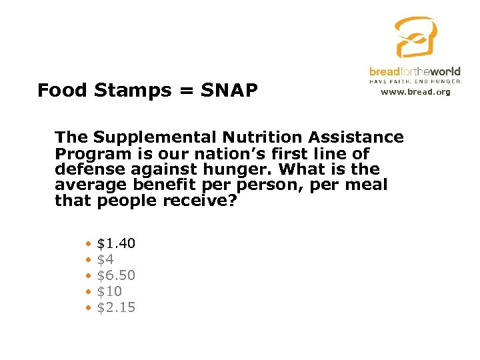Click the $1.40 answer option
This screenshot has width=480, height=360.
116,244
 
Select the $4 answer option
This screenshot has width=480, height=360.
105,259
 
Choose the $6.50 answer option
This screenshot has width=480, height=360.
116,275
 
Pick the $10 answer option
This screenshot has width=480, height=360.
109,291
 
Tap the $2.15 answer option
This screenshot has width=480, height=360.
116,307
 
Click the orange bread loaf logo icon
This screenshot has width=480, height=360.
415,38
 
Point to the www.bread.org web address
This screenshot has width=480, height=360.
415,92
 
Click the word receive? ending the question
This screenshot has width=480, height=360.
199,201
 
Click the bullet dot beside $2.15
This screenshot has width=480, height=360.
88,308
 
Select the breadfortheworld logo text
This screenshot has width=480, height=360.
415,71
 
